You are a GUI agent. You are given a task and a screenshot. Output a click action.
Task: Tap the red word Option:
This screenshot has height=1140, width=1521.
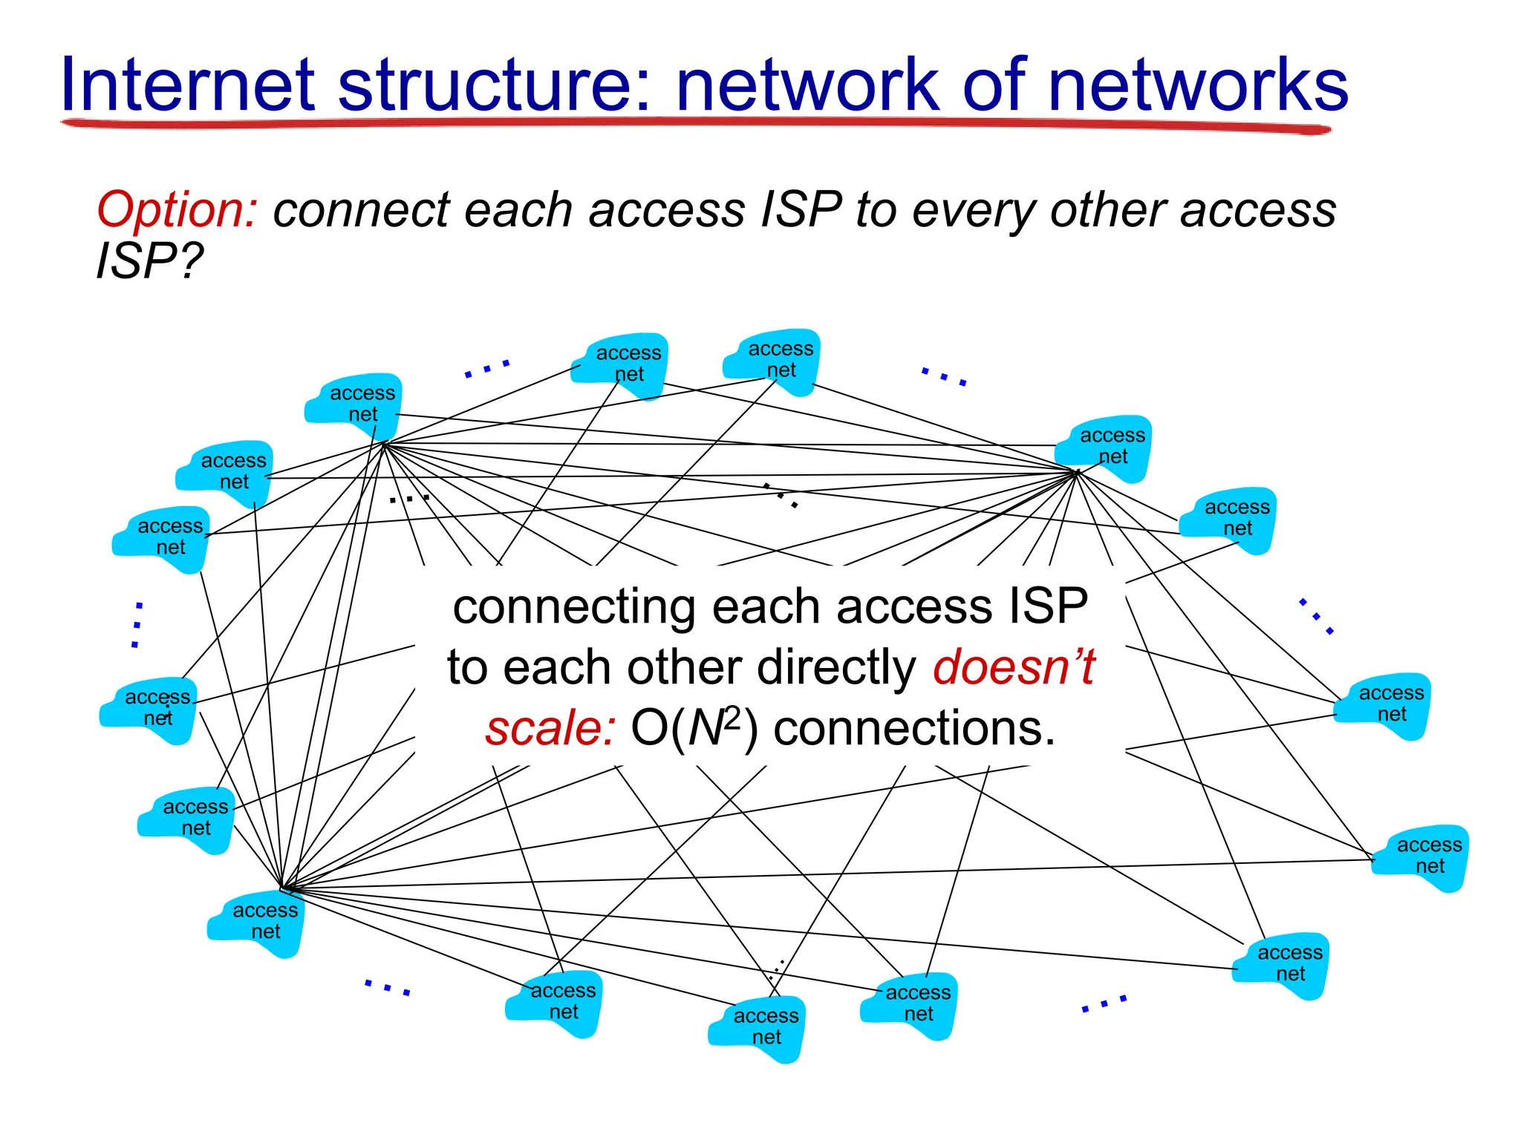point(177,210)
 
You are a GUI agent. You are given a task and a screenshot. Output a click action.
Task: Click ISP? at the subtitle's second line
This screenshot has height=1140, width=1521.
point(149,261)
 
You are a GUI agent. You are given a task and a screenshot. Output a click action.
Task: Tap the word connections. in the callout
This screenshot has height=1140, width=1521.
point(914,728)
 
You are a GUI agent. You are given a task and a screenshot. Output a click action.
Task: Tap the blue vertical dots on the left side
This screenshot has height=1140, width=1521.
point(137,625)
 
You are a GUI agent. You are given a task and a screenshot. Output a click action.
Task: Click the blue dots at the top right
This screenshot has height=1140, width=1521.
point(944,376)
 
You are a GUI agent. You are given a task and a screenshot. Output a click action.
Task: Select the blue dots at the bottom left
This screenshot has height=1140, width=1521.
point(387,987)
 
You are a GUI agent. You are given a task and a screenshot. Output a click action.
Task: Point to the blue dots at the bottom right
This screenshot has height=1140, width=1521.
point(1104,1003)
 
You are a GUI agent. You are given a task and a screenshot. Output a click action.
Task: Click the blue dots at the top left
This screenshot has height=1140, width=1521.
point(487,369)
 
